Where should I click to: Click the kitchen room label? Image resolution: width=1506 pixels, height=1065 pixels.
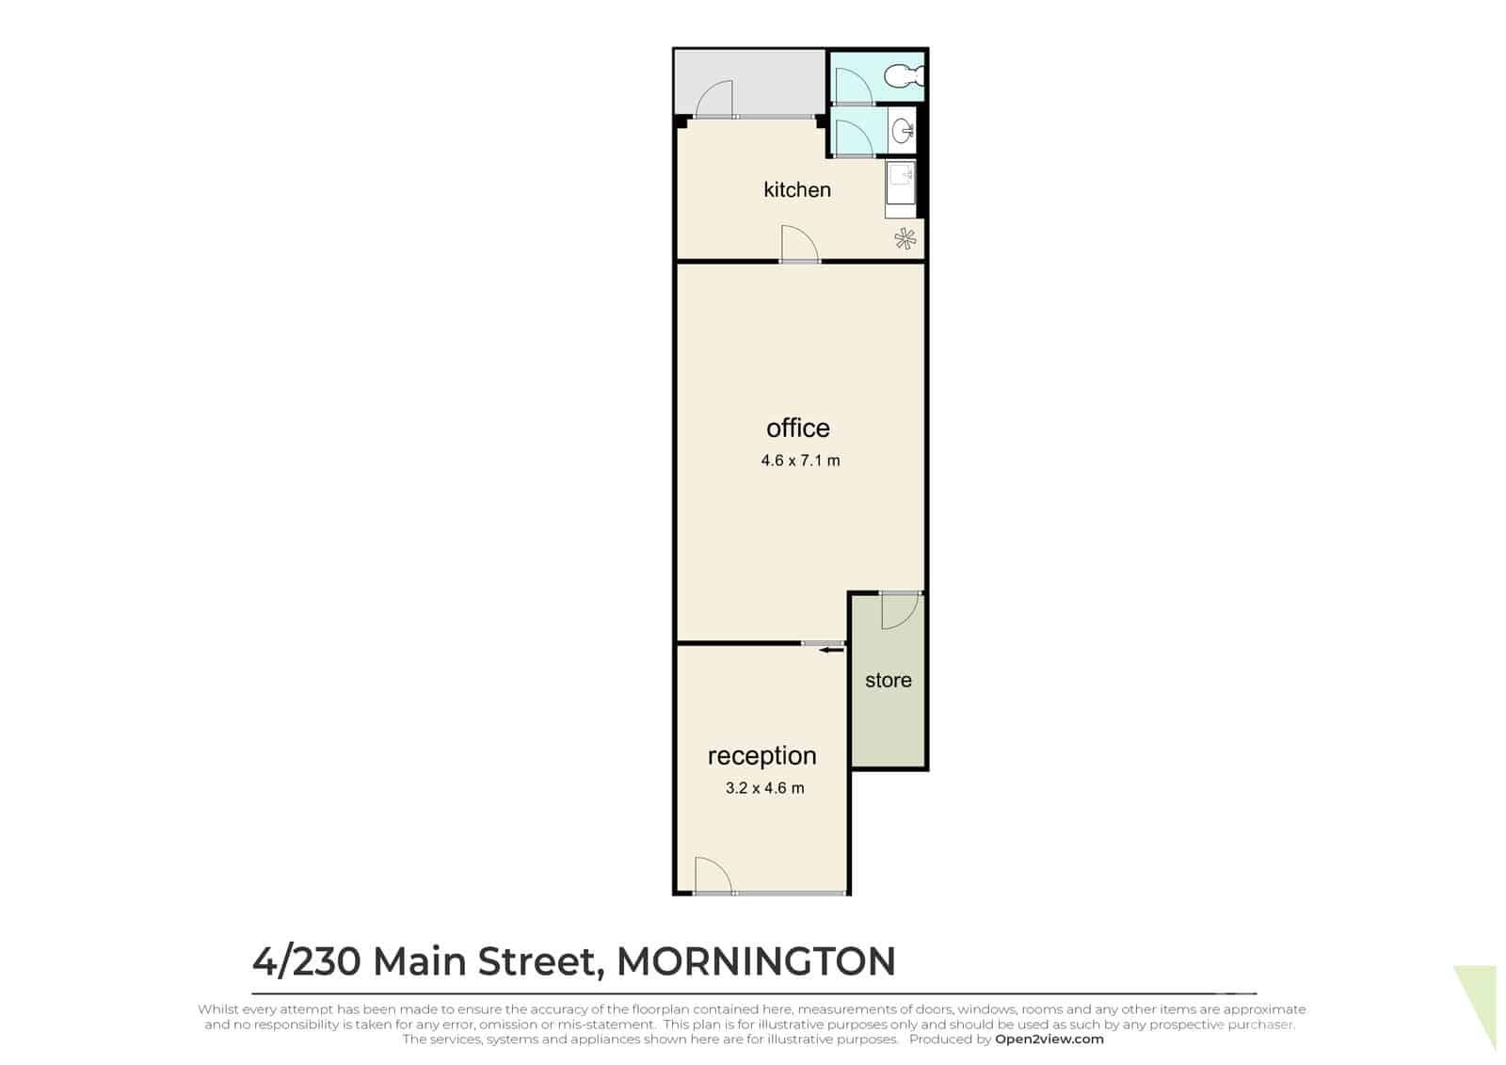click(796, 189)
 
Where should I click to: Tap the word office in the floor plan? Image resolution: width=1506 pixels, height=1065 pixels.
click(798, 428)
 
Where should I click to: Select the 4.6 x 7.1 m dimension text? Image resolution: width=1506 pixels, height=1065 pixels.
click(800, 460)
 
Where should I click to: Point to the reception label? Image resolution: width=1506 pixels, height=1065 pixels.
click(761, 757)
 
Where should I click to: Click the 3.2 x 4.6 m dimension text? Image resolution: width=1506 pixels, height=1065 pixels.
click(764, 788)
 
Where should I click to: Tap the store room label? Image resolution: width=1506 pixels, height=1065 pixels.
click(889, 680)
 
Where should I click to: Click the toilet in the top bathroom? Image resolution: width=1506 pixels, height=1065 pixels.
click(905, 76)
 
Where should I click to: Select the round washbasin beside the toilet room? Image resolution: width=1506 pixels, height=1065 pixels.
click(903, 131)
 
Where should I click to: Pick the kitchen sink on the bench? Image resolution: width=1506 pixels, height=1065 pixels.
click(900, 183)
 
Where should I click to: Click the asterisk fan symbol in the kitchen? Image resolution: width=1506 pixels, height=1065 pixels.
click(905, 239)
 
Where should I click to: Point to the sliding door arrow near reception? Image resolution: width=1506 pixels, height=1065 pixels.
click(831, 650)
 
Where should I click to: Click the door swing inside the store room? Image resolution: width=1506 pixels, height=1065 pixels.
click(900, 611)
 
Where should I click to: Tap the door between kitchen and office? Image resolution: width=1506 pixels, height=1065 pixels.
click(799, 244)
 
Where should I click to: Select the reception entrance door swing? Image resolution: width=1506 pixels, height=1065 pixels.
click(713, 876)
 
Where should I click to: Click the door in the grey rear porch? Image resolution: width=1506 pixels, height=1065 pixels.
click(714, 99)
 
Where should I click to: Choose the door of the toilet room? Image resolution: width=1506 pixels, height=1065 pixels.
click(853, 86)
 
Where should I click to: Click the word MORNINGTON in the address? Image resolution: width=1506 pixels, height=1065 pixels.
click(757, 961)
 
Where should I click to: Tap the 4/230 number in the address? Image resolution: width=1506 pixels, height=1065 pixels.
click(307, 961)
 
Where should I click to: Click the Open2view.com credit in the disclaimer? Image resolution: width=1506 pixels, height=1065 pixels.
click(1049, 1040)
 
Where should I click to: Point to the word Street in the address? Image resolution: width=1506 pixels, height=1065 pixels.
click(537, 962)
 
